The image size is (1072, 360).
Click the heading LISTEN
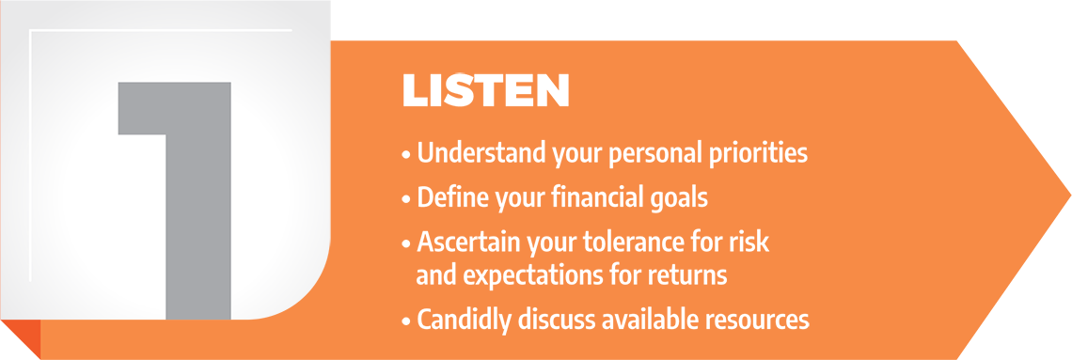(485, 90)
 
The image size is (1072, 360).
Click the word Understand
(481, 153)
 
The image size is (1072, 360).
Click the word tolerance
(619, 243)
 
